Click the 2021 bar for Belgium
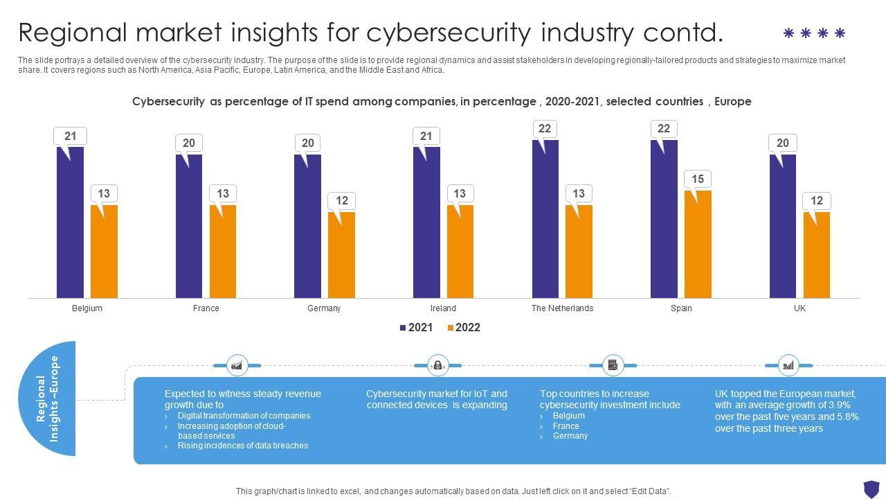coord(70,222)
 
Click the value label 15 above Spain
coord(698,180)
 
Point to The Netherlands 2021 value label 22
coord(545,129)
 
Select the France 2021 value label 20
coord(189,143)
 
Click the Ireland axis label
coord(443,308)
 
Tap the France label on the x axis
coord(206,308)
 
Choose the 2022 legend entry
coord(464,328)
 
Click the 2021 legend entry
coord(417,328)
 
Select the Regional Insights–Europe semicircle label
coord(48,399)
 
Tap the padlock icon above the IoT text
coord(437,365)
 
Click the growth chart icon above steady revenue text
coord(237,365)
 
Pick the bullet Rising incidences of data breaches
coord(242,446)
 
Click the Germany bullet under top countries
coord(570,436)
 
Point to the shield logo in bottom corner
coord(871,488)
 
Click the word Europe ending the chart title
coord(732,102)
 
